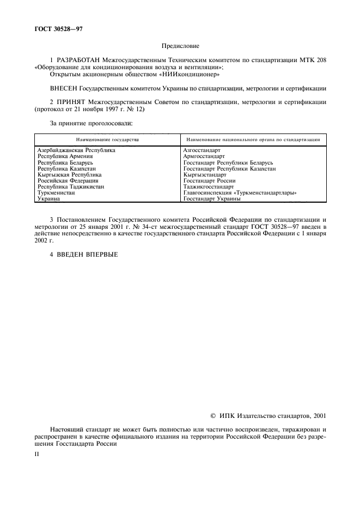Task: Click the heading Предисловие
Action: coord(180,47)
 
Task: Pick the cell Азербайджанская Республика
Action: coord(76,150)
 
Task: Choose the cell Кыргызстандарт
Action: coord(205,175)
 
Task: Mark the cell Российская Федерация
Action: coord(68,181)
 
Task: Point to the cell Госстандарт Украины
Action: coord(212,199)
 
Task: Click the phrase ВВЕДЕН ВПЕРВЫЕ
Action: coord(88,254)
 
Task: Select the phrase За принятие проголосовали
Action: coord(91,123)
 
